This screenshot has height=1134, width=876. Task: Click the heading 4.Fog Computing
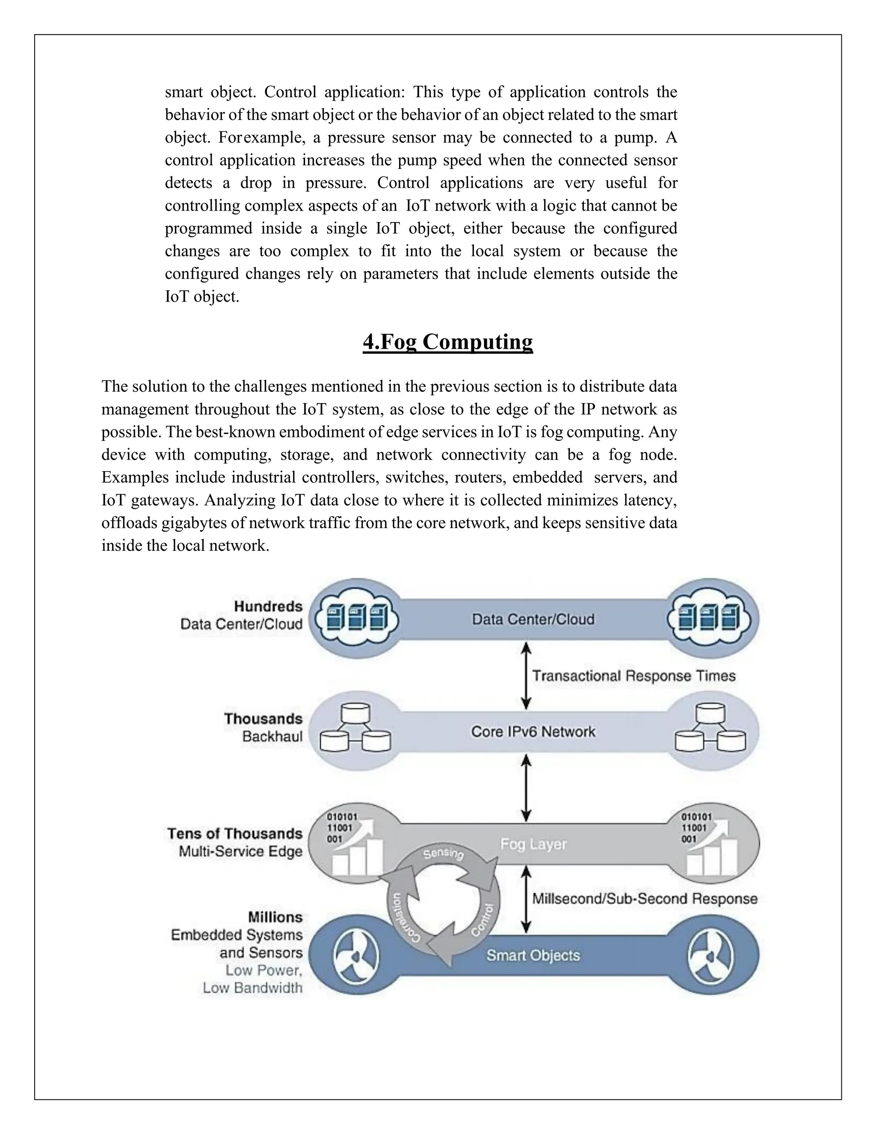tap(447, 341)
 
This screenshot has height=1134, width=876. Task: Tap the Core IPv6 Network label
tap(533, 732)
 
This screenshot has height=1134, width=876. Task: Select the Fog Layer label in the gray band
tap(533, 844)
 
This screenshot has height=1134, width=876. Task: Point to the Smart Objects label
tap(533, 956)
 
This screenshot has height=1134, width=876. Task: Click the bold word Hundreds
tap(268, 606)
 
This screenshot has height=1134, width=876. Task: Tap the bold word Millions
tap(275, 917)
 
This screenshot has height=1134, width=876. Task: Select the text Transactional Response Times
tap(633, 676)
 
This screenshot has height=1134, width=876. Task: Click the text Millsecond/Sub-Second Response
tap(645, 899)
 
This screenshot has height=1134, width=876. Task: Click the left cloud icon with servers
tap(357, 618)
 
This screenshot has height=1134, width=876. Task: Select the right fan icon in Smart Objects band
tap(710, 956)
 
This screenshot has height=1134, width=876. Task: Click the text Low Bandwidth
tap(252, 988)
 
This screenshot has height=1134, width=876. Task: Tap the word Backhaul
tap(272, 736)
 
